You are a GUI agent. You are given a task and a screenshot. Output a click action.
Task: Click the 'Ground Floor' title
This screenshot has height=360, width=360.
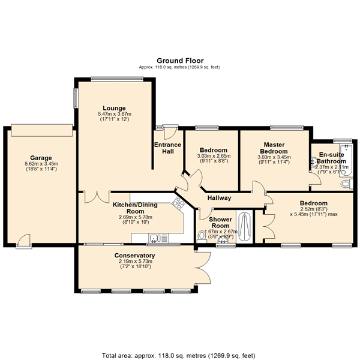click(180, 61)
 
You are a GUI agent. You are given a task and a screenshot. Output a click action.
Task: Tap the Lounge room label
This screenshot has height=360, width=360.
click(114, 107)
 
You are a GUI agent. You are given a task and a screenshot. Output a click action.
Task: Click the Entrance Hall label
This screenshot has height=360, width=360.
click(167, 148)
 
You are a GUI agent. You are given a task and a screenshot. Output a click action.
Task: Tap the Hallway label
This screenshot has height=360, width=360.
click(220, 198)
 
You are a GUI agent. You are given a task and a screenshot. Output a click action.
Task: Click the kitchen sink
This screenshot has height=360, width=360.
click(155, 238)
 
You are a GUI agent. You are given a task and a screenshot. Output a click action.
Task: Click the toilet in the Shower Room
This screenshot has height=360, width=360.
click(201, 236)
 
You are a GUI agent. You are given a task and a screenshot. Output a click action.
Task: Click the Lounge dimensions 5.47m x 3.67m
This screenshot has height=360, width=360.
click(114, 114)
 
